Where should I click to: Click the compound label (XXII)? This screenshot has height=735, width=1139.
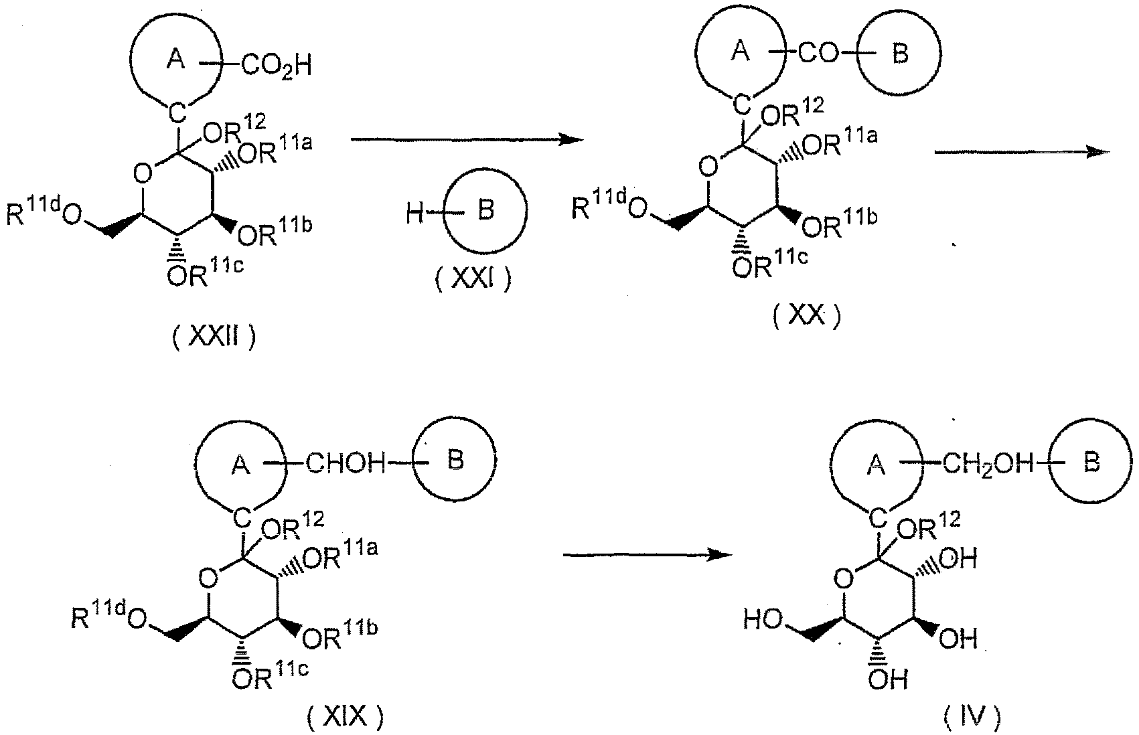coord(214,337)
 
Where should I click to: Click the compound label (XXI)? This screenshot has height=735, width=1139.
coord(473,279)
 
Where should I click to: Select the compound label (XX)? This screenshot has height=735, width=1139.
coord(807,316)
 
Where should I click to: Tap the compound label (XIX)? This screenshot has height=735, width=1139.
coord(346,716)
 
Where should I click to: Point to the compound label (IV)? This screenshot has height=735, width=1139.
coord(972,716)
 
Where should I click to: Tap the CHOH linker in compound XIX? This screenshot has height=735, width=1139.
coord(346,463)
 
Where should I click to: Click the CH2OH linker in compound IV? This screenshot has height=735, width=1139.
coord(988,464)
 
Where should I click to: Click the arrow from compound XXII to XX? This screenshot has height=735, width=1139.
coord(467,139)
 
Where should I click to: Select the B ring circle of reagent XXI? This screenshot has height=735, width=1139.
coord(485,210)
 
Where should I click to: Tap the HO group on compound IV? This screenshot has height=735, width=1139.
coord(763,620)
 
